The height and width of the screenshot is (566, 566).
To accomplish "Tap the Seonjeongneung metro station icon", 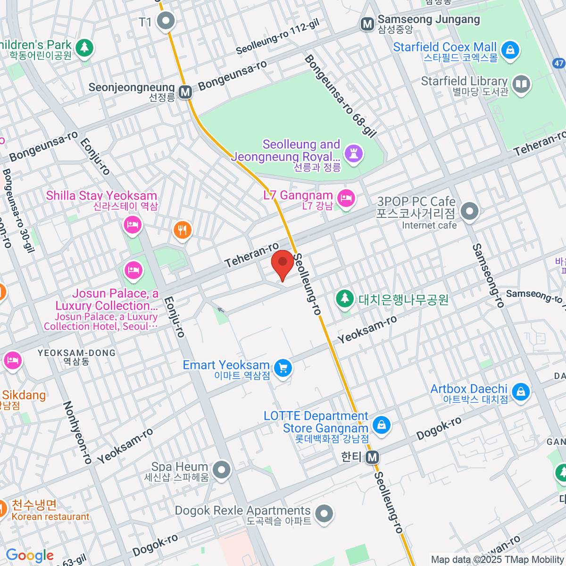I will pyautogui.click(x=186, y=92).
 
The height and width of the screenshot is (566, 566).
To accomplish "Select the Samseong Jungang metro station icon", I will pyautogui.click(x=367, y=24).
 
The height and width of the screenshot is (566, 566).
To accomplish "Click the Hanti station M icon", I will pyautogui.click(x=373, y=457).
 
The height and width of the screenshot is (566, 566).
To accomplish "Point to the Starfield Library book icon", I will pyautogui.click(x=521, y=85).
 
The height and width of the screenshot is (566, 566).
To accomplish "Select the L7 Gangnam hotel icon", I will pyautogui.click(x=346, y=198).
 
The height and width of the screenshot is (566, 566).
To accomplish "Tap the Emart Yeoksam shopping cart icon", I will pyautogui.click(x=283, y=368).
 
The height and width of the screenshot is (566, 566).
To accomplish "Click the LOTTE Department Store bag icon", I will pyautogui.click(x=381, y=425).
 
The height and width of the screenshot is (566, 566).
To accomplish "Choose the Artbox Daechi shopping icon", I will pyautogui.click(x=520, y=392).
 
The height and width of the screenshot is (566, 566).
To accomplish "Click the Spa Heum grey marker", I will pyautogui.click(x=221, y=470).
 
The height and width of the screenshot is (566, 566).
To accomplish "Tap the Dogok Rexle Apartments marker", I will pyautogui.click(x=324, y=514).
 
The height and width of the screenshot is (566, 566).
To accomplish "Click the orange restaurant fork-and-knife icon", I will pyautogui.click(x=182, y=230).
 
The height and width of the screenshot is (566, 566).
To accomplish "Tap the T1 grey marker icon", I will pyautogui.click(x=166, y=21).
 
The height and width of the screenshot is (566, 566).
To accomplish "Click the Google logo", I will pyautogui.click(x=30, y=555).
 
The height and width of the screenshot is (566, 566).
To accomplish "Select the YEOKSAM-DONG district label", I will pyautogui.click(x=76, y=353).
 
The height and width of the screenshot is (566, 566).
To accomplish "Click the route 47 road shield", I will pyautogui.click(x=559, y=63).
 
